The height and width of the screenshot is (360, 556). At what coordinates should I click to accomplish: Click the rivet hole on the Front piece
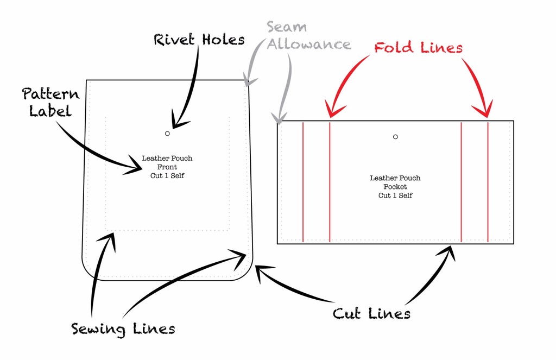coord(167,133)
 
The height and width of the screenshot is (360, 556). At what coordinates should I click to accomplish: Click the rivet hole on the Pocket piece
coord(395,137)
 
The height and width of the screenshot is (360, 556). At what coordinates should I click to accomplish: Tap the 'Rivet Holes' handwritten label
coord(199,40)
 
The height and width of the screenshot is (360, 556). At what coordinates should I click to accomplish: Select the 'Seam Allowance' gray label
coord(308,36)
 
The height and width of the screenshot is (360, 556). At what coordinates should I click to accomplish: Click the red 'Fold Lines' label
coord(418,48)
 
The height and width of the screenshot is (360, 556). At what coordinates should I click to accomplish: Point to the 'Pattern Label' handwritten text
coord(50,102)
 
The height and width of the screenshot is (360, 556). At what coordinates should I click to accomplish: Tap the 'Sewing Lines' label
coord(123,329)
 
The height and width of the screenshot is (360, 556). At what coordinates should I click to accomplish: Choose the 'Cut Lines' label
coord(371,313)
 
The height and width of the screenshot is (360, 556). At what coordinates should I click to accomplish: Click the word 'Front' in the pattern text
coord(167,167)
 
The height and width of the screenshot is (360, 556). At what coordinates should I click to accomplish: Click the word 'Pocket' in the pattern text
coord(395,186)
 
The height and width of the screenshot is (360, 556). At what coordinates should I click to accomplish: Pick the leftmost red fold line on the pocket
coord(302,182)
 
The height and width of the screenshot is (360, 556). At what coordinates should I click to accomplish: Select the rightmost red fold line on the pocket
coord(488,182)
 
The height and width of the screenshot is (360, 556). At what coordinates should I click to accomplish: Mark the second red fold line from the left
coord(330,182)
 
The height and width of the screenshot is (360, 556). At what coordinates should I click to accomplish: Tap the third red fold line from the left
coord(461,182)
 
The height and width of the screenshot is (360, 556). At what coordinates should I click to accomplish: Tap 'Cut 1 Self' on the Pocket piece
coord(395,195)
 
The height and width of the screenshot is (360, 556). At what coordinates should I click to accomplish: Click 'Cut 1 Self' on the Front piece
coord(167,175)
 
